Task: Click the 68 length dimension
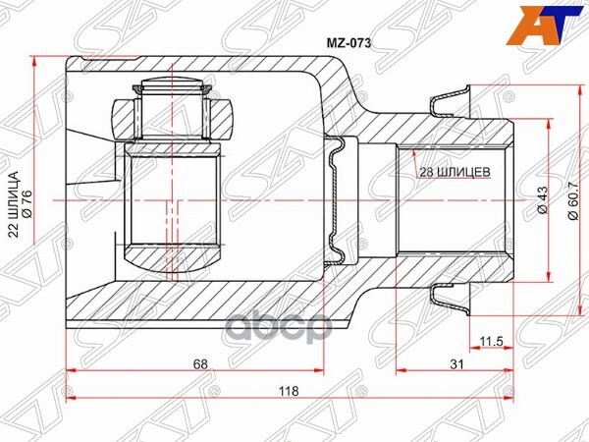pos(199,363)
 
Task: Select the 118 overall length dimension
pos(290,390)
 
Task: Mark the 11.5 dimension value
pos(491,342)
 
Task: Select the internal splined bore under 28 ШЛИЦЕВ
pos(452,201)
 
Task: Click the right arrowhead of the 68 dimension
pos(320,371)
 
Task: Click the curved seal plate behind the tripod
pos(340,201)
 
